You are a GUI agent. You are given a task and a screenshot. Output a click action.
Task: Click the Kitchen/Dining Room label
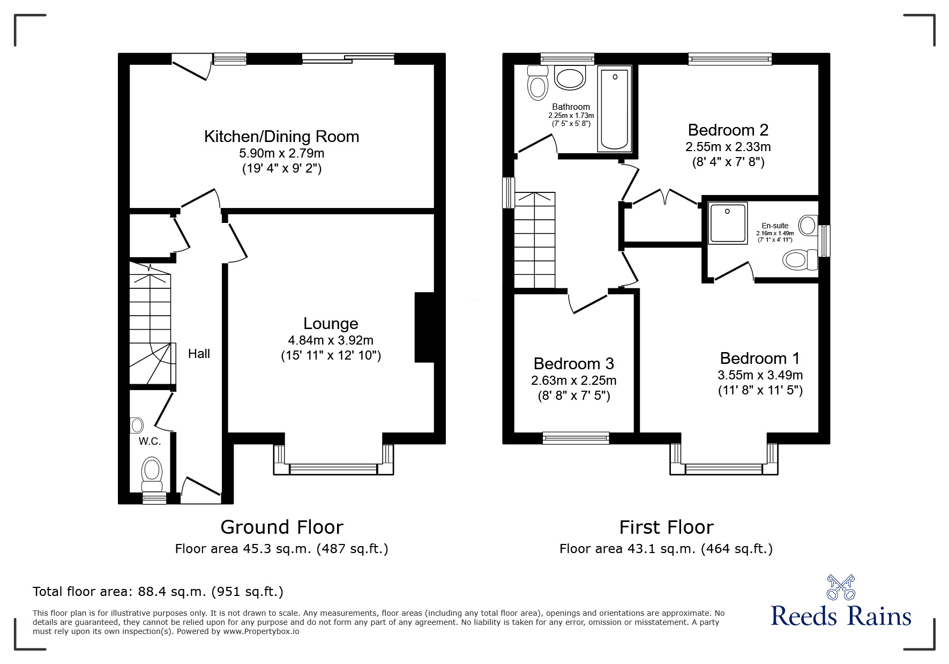click(281, 137)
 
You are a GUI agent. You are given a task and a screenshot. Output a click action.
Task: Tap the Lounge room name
click(331, 324)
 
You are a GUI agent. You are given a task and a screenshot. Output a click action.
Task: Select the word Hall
click(199, 354)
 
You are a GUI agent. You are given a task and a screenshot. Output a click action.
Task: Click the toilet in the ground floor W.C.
click(152, 474)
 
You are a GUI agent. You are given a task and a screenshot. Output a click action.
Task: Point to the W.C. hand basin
click(137, 426)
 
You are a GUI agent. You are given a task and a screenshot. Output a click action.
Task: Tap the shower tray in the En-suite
click(727, 223)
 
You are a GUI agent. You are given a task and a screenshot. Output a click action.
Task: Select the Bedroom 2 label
click(728, 130)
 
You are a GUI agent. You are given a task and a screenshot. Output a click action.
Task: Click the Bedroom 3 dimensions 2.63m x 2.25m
click(573, 381)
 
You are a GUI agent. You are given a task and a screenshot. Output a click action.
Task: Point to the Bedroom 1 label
click(760, 358)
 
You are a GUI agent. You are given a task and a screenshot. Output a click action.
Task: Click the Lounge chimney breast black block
click(424, 327)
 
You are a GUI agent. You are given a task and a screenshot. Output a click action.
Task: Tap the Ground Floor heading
click(282, 527)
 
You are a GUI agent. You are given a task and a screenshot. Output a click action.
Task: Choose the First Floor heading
click(666, 527)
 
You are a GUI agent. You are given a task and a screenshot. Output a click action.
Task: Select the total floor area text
click(158, 592)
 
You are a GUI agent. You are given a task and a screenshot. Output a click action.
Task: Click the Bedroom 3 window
click(576, 438)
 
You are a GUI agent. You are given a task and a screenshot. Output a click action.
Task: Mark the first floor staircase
click(535, 240)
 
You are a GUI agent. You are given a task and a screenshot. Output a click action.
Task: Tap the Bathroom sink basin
click(569, 78)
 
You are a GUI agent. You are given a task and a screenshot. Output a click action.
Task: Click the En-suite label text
click(775, 226)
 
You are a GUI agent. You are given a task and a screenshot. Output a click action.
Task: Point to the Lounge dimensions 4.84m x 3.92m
click(331, 340)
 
